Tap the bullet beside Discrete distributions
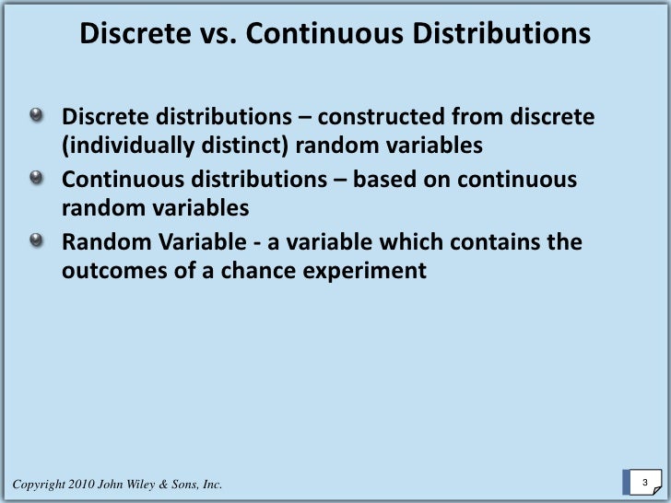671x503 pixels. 35,117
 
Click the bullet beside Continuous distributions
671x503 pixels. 35,179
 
